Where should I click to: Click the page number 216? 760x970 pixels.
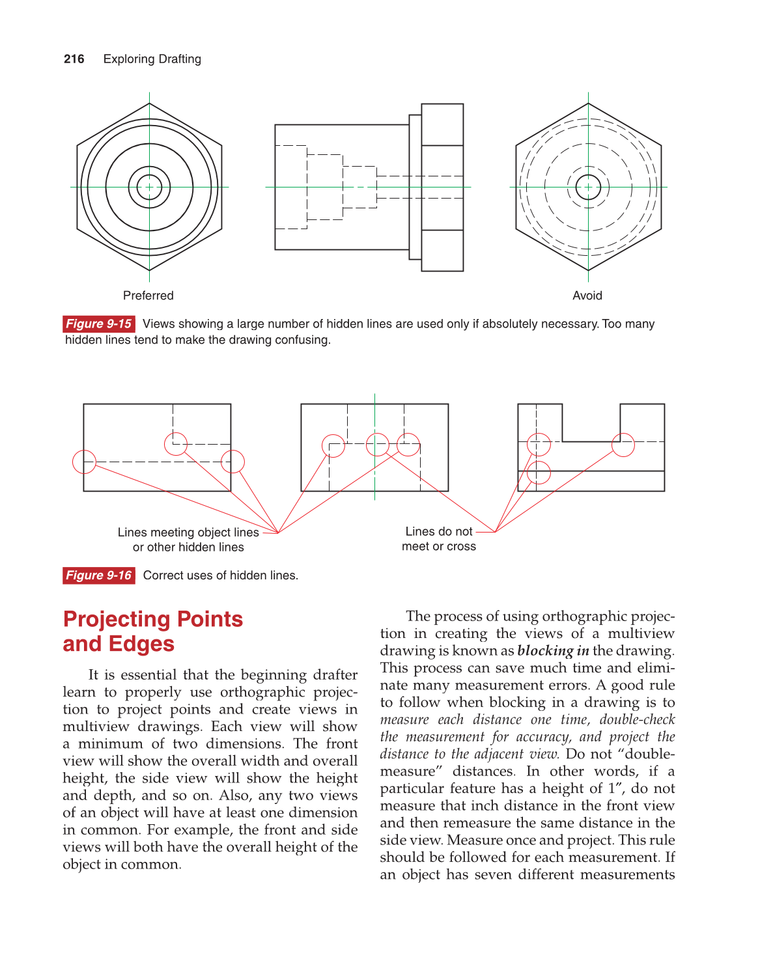point(74,59)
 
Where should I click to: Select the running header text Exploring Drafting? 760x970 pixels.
point(152,59)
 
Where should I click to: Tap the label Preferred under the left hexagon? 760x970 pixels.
point(148,296)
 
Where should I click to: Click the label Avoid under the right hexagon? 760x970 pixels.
point(587,296)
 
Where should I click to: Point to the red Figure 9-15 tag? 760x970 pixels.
point(98,324)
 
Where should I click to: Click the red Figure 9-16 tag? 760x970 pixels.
point(98,575)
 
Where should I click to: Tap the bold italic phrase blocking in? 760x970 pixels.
point(553,651)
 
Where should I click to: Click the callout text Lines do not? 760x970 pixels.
point(438,532)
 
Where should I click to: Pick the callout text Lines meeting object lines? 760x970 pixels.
point(188,533)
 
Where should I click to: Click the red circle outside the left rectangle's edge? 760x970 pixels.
point(84,462)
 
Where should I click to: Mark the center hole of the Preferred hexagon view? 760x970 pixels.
point(149,187)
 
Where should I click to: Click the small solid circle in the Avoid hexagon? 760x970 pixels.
point(588,187)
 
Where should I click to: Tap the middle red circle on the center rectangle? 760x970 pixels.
point(377,445)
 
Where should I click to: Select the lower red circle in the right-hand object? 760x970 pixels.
point(539,473)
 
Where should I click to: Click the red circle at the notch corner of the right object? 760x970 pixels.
point(623,445)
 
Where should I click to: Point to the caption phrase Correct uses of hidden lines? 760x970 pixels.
point(220,575)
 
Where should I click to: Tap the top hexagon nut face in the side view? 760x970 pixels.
point(442,124)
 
